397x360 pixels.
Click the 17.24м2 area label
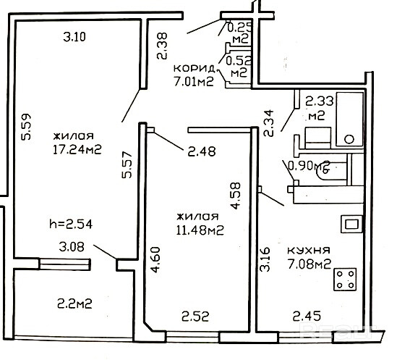(77, 149)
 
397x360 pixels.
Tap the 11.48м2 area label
(200, 230)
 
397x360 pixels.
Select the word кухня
(309, 250)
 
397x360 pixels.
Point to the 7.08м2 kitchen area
(309, 264)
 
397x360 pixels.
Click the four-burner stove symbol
(346, 280)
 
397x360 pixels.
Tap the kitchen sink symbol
(351, 224)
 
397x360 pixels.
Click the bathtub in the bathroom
(350, 120)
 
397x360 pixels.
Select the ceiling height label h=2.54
(71, 224)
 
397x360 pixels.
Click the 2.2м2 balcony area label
(74, 304)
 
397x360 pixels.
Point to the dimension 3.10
(74, 37)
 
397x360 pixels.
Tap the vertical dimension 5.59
(26, 127)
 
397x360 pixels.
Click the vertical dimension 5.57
(127, 164)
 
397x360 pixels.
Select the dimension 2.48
(202, 151)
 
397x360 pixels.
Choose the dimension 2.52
(195, 317)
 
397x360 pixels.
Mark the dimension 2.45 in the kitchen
(307, 316)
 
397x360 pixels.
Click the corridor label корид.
(195, 69)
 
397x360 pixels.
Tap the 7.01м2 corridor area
(194, 82)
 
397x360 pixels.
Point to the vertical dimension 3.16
(265, 259)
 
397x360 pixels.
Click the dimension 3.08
(72, 246)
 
